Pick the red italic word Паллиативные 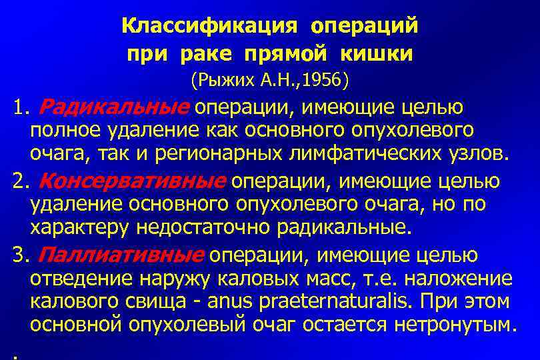[121, 254]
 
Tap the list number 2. [19, 181]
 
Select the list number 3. [19, 254]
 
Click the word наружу [157, 278]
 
